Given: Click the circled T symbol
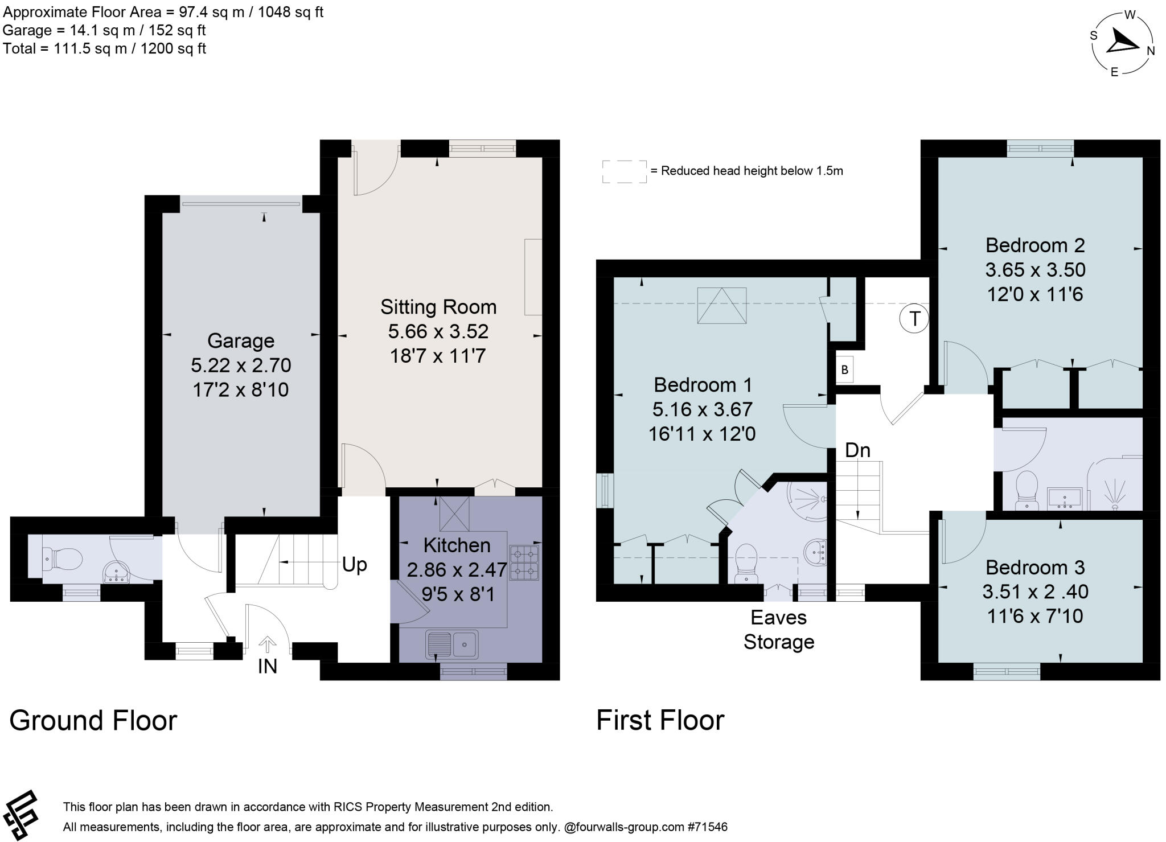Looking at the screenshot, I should click(914, 318).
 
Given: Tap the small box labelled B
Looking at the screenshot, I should click(844, 369).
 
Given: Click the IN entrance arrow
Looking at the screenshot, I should click(267, 645).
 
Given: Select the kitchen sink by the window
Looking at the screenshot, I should click(452, 644).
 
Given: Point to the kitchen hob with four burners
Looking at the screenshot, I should click(524, 562).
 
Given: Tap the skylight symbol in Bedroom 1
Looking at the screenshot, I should click(722, 306).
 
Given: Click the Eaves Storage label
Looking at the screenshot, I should click(778, 629).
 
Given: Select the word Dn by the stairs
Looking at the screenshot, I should click(857, 450).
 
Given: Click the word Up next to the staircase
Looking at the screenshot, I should click(354, 564).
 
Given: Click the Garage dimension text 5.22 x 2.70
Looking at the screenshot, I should click(241, 365).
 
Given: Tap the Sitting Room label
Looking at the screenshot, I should click(438, 307).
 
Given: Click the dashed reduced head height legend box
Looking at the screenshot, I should click(624, 171).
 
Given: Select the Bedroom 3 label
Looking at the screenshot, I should click(1034, 567).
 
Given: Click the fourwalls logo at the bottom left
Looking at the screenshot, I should click(20, 814).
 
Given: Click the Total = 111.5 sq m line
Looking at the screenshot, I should click(104, 48).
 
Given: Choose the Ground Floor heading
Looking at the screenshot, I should click(93, 720).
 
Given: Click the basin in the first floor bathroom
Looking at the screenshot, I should click(1064, 498).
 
